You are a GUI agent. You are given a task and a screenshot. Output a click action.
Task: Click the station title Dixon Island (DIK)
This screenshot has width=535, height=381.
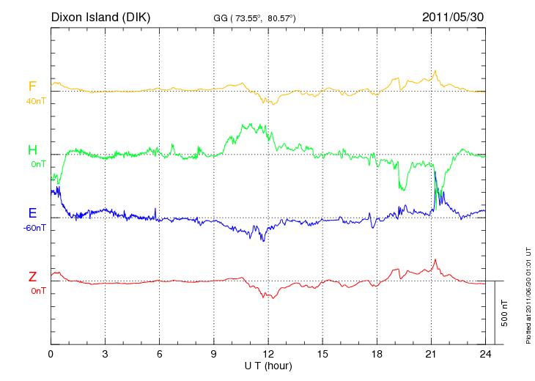100,16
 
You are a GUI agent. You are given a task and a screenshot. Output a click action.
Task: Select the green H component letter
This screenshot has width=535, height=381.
32,150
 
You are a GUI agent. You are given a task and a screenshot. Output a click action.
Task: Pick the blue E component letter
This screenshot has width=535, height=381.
32,213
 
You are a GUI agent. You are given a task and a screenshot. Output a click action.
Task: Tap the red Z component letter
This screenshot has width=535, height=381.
32,277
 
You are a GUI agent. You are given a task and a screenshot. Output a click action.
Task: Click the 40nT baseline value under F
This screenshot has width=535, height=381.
34,101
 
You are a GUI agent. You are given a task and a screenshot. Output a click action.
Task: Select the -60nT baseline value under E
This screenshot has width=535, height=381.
34,228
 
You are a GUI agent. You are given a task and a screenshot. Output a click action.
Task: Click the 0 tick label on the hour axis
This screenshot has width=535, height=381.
51,355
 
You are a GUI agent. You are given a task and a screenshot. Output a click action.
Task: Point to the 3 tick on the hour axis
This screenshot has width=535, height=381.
105,355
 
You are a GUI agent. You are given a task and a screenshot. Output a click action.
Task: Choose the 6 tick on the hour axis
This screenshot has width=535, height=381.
160,355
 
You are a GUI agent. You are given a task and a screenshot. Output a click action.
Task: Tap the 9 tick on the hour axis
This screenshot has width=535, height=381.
214,355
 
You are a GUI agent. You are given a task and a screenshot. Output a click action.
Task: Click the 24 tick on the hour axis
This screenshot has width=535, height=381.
485,355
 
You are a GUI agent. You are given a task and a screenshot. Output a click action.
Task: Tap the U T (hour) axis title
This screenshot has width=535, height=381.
268,366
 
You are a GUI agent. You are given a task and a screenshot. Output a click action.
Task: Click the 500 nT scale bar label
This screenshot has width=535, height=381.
505,313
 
